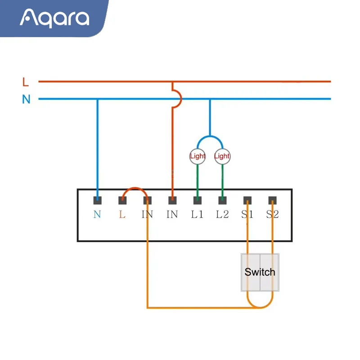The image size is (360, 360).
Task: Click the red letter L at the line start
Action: coord(26,82)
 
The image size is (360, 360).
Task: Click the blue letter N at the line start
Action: coord(26,99)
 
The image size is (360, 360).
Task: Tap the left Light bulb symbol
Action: coord(197,156)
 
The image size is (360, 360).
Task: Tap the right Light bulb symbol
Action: coord(222,156)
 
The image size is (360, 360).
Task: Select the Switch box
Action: coord(260,272)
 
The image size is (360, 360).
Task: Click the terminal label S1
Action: coord(247,215)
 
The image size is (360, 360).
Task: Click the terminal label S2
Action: coord(272,215)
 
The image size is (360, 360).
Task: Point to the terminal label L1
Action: coord(197,215)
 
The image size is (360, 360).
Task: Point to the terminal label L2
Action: coord(222,215)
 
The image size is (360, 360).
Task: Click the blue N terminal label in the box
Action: coord(97,215)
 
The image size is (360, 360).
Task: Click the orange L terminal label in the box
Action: coord(122,215)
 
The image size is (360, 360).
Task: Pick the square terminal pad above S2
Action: coord(272,200)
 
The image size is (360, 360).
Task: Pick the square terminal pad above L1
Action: coord(197,200)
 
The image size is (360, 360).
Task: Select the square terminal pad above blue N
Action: coord(97,200)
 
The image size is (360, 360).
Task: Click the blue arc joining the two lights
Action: coord(210,137)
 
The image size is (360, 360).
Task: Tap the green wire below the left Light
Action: coord(197,180)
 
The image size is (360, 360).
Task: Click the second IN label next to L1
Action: coord(172,215)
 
